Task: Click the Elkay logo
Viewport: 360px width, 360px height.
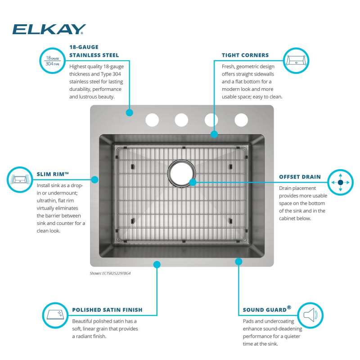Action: click(x=49, y=29)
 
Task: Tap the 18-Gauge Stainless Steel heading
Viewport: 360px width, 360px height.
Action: click(x=94, y=51)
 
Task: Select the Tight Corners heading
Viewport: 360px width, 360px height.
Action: click(x=245, y=55)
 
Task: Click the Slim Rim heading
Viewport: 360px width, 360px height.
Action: click(x=53, y=174)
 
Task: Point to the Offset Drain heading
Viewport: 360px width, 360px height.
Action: click(x=300, y=177)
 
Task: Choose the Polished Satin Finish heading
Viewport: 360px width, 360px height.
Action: click(x=107, y=310)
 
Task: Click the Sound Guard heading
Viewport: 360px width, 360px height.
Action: click(x=267, y=309)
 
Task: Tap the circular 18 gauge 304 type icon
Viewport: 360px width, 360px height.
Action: click(x=53, y=61)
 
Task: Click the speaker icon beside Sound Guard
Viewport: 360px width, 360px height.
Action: click(x=310, y=315)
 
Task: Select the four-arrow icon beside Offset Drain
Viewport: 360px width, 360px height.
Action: click(x=341, y=182)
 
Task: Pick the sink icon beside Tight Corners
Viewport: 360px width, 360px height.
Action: click(x=296, y=61)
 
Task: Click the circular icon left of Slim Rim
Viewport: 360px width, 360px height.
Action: click(x=20, y=180)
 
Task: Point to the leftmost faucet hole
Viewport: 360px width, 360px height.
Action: click(x=152, y=120)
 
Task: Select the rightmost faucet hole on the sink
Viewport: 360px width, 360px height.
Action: click(x=241, y=120)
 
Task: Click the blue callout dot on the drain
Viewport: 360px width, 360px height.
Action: click(x=193, y=182)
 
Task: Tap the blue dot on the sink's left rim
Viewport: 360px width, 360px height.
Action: click(x=94, y=180)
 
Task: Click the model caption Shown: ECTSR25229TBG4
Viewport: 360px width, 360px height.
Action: click(x=110, y=273)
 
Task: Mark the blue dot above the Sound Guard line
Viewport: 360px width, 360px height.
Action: click(x=239, y=261)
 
